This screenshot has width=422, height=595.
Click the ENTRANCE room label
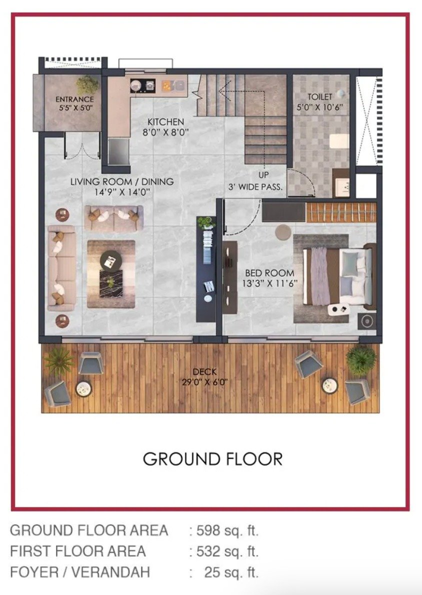tap(74, 99)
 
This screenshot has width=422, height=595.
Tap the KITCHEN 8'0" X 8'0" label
tap(165, 127)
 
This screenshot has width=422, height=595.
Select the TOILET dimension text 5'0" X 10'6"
tap(319, 107)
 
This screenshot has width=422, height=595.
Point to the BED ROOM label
tap(269, 273)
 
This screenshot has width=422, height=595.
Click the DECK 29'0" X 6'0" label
tap(205, 377)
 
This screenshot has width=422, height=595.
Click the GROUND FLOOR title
tap(212, 459)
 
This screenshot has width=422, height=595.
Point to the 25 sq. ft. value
tap(231, 572)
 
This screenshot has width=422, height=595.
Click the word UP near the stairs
tap(264, 175)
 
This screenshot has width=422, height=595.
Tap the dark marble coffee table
tap(111, 284)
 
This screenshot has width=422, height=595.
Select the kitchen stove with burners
tap(143, 86)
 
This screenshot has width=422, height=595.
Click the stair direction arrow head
tap(223, 90)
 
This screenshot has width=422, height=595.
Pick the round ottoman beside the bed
tap(283, 232)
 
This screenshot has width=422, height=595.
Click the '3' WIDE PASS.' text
tap(255, 187)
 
